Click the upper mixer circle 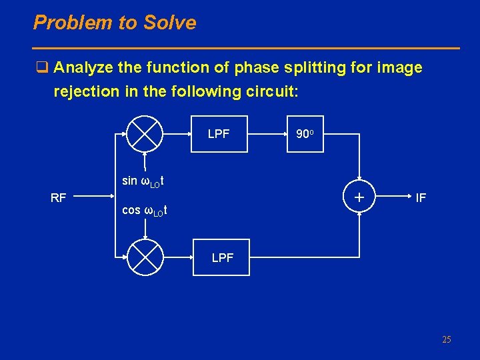[145, 133]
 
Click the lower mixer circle [145, 257]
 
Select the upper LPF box [218, 134]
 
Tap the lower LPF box [223, 257]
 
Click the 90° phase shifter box [305, 134]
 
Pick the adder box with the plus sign [360, 197]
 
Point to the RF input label [59, 197]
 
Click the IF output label [421, 197]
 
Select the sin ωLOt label [143, 181]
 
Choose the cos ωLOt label [144, 211]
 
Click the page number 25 [446, 340]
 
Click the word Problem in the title [72, 23]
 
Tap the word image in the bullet [399, 68]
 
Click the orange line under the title [247, 48]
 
